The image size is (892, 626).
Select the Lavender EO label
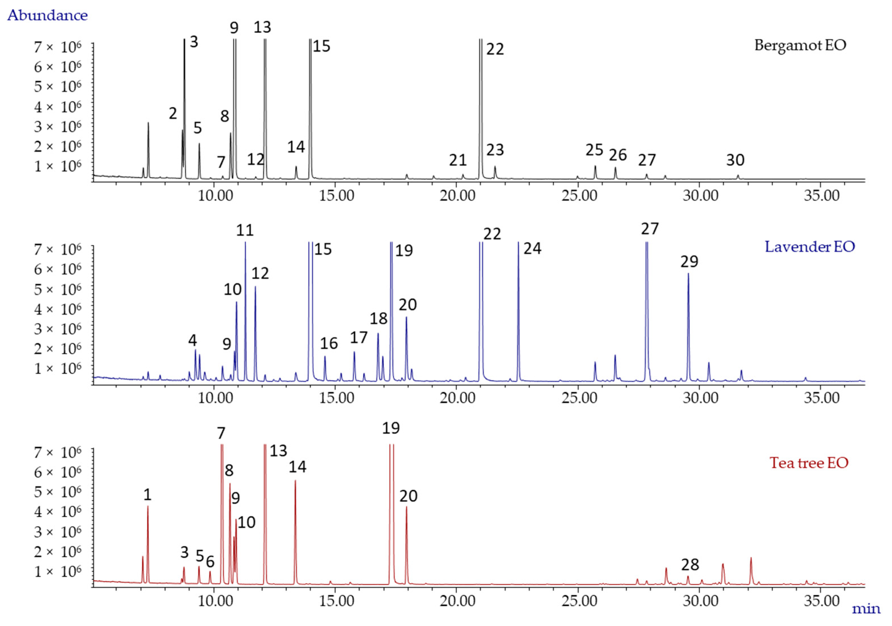coord(810,247)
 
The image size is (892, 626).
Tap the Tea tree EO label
coord(809,463)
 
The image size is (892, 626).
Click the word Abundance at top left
coord(47,16)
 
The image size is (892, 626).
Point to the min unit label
coord(866,608)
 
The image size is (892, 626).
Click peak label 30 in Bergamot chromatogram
coord(735,160)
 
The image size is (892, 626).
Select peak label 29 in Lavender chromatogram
coord(689,262)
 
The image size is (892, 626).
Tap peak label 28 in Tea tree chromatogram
coord(690,565)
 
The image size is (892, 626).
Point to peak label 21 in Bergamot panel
coord(458,160)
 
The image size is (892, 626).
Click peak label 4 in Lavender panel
coord(192,340)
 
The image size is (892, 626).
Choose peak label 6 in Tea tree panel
coord(210,562)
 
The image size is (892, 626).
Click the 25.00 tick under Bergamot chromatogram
coord(579,195)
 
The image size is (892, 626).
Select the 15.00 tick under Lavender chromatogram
coord(336,398)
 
